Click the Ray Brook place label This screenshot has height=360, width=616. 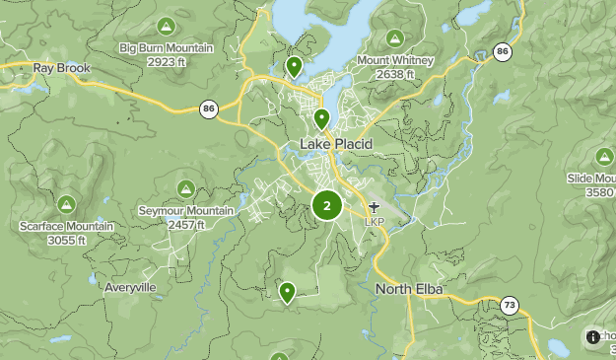point(61,68)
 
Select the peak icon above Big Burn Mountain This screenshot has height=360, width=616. point(165,25)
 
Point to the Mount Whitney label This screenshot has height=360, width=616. point(395,60)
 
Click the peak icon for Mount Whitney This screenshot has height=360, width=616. point(395,39)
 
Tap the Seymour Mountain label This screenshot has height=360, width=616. point(186,211)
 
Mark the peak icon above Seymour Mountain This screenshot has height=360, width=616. point(185,188)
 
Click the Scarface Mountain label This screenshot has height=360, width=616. point(66,226)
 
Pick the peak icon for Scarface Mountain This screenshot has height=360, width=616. point(66,204)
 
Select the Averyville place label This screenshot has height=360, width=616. point(130,288)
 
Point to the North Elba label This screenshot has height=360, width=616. point(409,289)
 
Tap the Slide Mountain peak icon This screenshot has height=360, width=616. point(604,156)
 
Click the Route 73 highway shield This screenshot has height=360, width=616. point(509,306)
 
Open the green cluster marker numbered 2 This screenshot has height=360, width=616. point(327,206)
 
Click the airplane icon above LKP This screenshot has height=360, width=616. point(374,207)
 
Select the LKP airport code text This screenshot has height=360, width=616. point(374,221)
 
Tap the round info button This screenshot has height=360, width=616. point(592,336)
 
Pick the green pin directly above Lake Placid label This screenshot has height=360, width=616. point(321,119)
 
